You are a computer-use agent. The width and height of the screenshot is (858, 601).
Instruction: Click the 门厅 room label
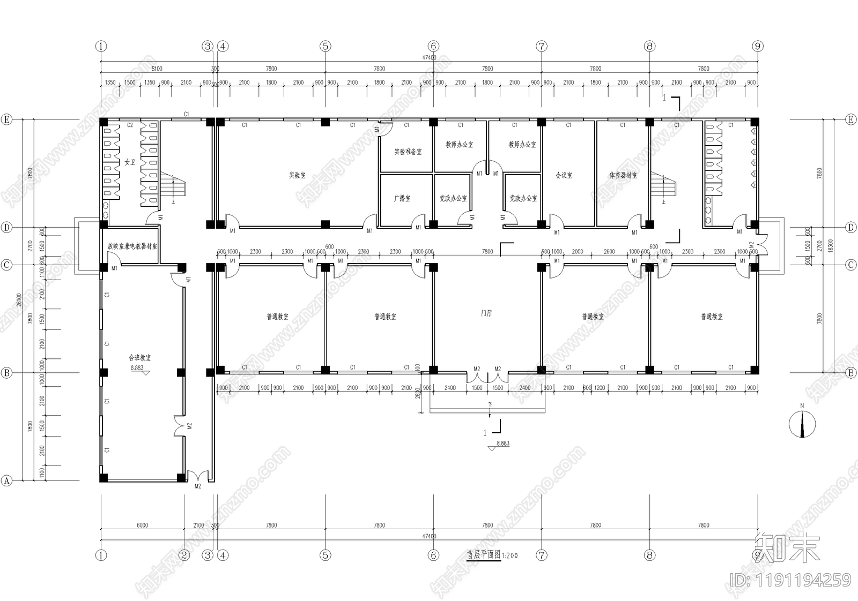point(486,313)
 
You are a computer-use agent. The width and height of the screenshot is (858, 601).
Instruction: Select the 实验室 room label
point(297,175)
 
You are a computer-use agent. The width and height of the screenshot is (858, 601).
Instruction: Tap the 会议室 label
point(564,175)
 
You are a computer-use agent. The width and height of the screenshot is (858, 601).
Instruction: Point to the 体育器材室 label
point(623,175)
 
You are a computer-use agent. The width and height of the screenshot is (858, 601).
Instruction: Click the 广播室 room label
point(402,198)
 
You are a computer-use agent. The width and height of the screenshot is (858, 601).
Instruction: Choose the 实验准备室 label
point(408,152)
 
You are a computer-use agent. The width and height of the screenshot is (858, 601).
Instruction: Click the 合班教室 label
point(139,357)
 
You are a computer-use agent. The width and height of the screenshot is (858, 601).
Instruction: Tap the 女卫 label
point(130,162)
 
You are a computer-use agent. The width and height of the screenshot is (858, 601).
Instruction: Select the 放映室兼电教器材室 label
point(132,246)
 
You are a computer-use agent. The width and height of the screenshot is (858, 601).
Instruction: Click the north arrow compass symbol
point(802,425)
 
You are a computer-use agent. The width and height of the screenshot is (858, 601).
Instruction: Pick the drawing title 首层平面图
point(483,555)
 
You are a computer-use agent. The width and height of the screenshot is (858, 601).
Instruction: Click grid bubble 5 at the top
point(326,46)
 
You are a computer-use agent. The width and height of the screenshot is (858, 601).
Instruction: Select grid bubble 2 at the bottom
point(184,555)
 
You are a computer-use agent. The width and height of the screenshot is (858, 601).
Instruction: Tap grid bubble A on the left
point(6,480)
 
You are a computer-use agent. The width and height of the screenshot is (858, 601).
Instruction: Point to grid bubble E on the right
point(851,119)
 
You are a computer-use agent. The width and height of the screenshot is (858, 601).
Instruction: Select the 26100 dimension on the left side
point(19,300)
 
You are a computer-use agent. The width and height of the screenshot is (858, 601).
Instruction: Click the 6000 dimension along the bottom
point(142,525)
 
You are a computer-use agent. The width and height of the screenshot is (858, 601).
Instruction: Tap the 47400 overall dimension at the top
point(429,57)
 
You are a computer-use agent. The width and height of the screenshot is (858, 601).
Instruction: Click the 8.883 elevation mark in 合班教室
point(137,368)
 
